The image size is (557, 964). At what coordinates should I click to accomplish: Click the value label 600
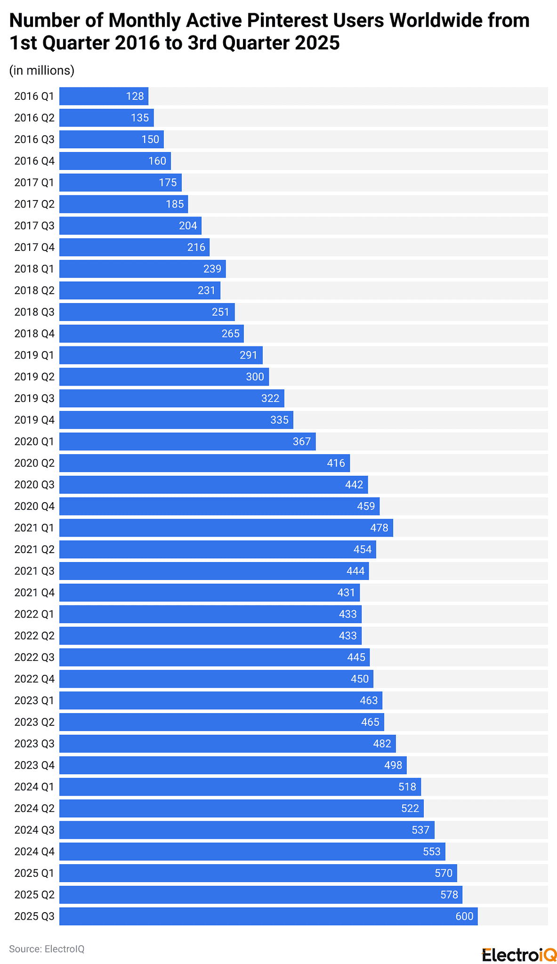464,916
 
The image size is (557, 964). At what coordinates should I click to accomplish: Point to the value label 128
135,96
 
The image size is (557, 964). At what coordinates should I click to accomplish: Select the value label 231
206,290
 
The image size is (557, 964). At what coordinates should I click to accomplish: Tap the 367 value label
302,442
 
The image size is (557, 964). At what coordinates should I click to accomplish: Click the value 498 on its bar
393,765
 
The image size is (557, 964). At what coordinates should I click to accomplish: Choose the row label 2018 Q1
34,269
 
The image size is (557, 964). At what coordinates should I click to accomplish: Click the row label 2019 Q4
34,420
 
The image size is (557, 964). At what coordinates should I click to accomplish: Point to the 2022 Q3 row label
34,657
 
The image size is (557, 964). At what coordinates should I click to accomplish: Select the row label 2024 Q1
34,787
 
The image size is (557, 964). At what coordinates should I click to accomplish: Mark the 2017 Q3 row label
34,225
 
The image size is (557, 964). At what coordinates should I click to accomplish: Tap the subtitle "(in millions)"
42,70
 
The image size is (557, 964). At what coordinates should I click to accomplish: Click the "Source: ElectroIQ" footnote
47,949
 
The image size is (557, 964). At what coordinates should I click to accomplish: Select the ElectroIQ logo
519,955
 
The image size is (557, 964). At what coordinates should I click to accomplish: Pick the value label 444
355,571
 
